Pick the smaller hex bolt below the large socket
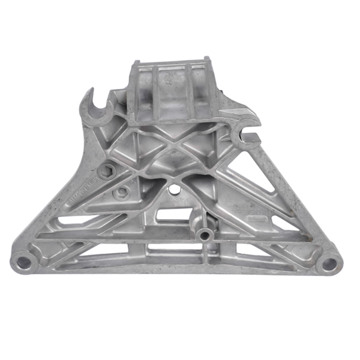123,191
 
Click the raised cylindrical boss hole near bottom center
205,235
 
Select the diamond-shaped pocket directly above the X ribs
174,126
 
